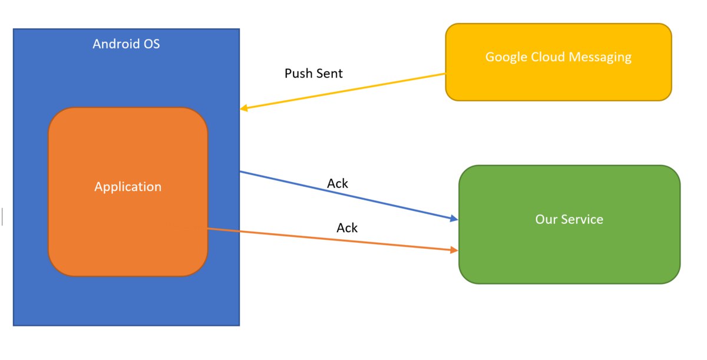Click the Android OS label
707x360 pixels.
126,44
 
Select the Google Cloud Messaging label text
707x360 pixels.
559,57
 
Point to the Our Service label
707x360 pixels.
569,219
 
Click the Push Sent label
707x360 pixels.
313,74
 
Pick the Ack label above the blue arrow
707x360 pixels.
338,183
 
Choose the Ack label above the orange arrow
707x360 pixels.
347,228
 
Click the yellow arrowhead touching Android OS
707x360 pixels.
244,108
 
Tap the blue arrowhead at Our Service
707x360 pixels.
454,219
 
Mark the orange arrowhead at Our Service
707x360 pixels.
454,250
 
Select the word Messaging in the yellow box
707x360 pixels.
600,57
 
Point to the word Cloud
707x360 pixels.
548,57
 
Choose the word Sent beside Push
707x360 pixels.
329,74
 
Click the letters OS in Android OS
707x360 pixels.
152,44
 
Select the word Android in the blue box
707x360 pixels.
116,44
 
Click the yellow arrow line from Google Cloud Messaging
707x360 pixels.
343,91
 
